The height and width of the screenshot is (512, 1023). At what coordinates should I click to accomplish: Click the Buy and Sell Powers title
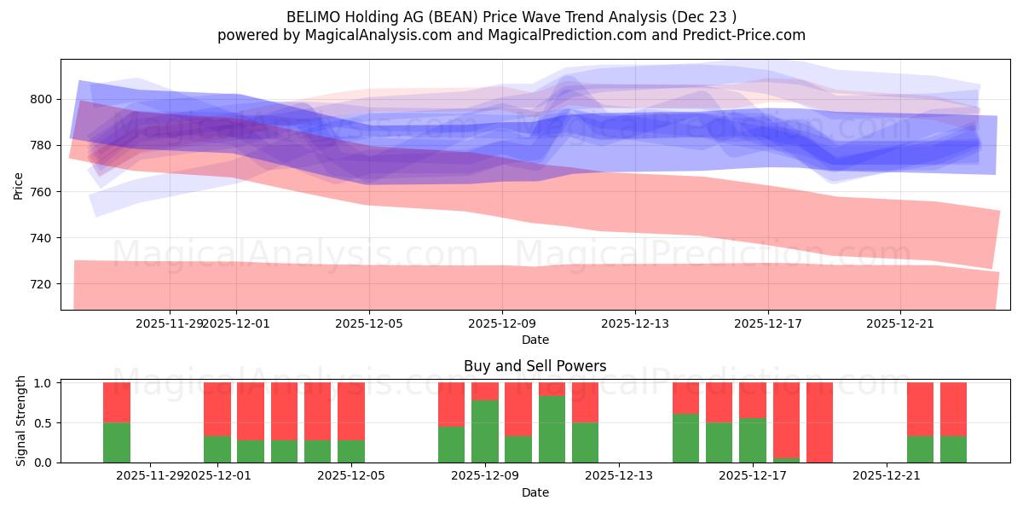(535, 366)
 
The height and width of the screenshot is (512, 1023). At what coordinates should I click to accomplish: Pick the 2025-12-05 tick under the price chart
(369, 323)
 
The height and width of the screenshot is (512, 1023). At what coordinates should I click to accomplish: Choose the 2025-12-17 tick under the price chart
(768, 323)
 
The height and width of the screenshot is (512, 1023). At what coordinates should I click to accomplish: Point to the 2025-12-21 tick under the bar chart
(887, 476)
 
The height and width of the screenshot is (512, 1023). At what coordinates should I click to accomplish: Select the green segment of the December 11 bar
(552, 429)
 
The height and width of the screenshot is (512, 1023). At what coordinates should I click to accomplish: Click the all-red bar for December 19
(819, 422)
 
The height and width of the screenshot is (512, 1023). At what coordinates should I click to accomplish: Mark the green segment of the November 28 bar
(117, 442)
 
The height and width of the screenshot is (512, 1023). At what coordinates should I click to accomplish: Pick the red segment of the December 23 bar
(953, 409)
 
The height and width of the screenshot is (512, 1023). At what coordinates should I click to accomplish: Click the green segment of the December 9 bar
(485, 431)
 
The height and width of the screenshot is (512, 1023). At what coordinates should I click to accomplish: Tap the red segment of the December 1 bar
(217, 409)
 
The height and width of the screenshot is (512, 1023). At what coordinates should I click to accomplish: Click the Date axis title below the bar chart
(535, 492)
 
